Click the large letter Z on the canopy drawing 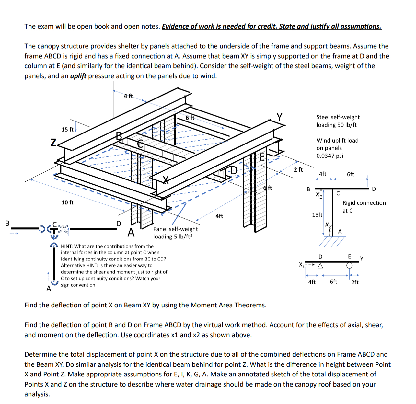54,142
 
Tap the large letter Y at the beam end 279,117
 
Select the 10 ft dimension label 67,202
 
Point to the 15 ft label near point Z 68,129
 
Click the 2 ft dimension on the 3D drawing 298,169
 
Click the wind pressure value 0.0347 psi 329,156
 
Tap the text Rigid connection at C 364,206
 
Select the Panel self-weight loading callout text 175,233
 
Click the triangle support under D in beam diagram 320,266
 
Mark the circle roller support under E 349,265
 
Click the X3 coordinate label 302,265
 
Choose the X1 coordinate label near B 319,195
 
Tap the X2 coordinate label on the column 328,225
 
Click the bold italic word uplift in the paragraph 78,76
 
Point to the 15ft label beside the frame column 317,215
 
